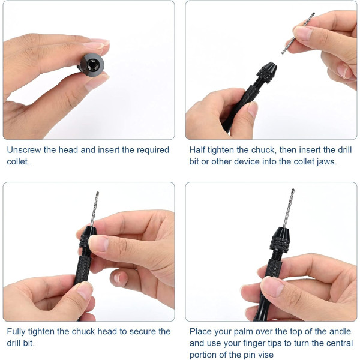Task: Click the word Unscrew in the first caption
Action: tap(24, 150)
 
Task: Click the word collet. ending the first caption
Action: tap(19, 161)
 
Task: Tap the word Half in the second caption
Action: tap(197, 150)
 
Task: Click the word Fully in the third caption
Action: tap(16, 332)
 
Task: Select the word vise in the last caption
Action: tap(266, 355)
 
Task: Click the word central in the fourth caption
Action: tap(340, 343)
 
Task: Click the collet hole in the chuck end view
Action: tap(93, 65)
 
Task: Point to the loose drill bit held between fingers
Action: tap(298, 33)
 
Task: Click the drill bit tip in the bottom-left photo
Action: tap(98, 192)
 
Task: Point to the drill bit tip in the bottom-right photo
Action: tap(293, 190)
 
